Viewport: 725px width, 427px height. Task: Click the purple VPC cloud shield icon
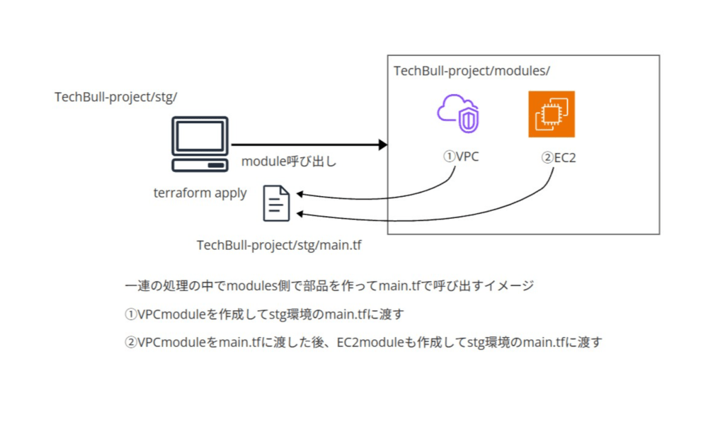pyautogui.click(x=457, y=113)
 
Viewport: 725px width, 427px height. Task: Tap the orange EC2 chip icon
pyautogui.click(x=552, y=113)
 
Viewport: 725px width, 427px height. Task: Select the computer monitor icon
pyautogui.click(x=200, y=144)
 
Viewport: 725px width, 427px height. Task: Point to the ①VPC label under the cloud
pyautogui.click(x=461, y=156)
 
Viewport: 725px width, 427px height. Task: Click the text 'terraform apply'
pyautogui.click(x=200, y=193)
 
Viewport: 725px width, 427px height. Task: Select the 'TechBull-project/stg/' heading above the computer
pyautogui.click(x=115, y=97)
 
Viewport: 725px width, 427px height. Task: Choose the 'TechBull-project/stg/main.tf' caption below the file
pyautogui.click(x=279, y=245)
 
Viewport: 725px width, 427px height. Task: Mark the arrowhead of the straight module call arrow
pyautogui.click(x=383, y=145)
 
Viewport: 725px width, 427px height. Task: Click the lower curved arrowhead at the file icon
pyautogui.click(x=301, y=214)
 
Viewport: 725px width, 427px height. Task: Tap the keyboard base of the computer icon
pyautogui.click(x=200, y=165)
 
